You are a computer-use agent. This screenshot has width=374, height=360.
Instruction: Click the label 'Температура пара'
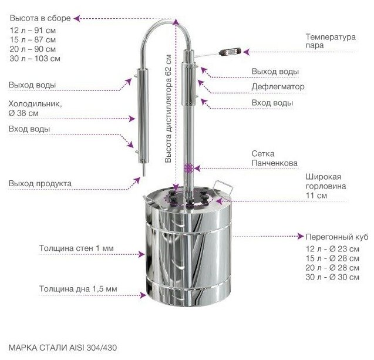(330, 41)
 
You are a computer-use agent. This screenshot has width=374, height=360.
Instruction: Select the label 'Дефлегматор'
(278, 87)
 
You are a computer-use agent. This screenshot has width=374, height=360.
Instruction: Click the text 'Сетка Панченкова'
(274, 158)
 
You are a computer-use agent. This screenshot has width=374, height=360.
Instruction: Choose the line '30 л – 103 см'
(35, 59)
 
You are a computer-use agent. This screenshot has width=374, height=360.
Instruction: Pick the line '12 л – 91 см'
(33, 30)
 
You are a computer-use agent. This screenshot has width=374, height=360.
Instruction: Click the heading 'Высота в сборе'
(40, 18)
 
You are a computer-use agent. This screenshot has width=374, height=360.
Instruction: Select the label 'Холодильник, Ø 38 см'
(35, 108)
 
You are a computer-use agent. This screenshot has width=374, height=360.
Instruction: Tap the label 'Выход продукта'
(40, 184)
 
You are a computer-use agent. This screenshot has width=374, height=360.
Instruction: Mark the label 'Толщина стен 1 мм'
(76, 248)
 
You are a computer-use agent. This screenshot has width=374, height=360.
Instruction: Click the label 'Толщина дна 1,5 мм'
(78, 289)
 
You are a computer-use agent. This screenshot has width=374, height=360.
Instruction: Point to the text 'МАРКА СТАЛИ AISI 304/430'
(63, 348)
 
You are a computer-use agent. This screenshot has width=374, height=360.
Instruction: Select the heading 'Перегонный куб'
(336, 237)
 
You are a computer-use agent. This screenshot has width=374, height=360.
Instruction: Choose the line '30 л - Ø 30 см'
(332, 277)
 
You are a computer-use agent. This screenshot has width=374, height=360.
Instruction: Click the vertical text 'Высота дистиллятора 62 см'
(169, 109)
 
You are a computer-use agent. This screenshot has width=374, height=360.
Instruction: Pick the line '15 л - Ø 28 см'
(332, 258)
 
